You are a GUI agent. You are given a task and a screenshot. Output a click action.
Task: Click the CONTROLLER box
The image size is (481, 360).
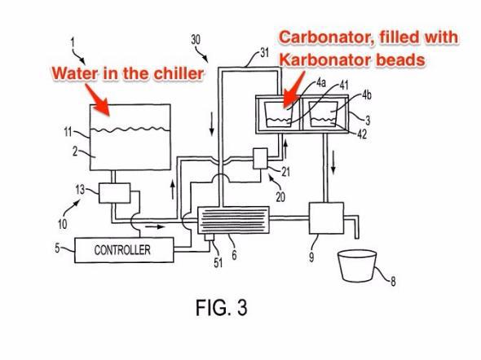124,250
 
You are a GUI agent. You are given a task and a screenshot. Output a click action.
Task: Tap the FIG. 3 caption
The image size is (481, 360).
222,308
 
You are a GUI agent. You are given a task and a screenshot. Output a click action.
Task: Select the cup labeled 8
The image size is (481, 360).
357,266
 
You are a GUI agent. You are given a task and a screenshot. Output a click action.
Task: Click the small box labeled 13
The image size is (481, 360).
114,193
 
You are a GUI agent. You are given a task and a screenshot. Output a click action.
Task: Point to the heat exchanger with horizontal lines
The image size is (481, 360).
233,220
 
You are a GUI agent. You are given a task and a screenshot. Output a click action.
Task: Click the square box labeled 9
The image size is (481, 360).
326,217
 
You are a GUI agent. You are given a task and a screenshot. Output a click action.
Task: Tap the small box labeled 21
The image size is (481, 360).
260,158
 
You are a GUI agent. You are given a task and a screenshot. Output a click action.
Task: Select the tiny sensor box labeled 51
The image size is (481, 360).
210,237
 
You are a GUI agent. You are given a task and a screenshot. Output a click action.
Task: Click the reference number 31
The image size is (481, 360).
264,53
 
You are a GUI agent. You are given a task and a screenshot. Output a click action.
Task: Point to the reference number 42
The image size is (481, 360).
362,134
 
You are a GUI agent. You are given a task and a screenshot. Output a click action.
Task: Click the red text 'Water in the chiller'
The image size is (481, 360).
128,73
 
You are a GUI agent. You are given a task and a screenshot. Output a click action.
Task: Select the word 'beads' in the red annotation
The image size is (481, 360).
400,59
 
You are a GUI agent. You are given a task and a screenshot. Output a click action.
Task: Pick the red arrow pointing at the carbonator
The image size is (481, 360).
293,90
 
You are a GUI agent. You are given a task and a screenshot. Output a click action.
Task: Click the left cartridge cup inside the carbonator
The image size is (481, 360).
278,114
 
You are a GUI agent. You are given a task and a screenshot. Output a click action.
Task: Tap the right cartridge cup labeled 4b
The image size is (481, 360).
323,114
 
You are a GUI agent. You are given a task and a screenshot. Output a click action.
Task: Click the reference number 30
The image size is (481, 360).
196,40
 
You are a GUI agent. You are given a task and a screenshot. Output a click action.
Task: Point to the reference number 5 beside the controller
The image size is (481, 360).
57,248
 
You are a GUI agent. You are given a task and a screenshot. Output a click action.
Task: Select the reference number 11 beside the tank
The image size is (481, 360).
68,132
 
